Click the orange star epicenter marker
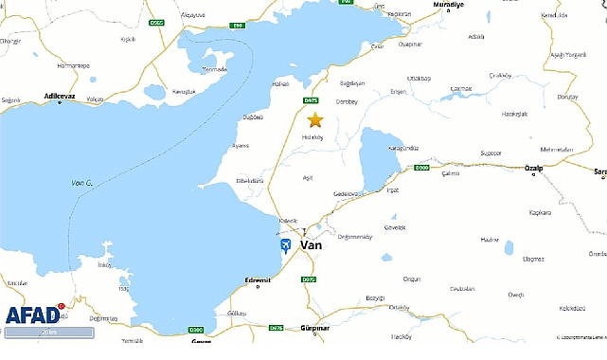click(x=314, y=119)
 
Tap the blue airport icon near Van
click(x=285, y=245)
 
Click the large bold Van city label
click(x=311, y=244)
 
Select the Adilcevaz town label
click(x=59, y=96)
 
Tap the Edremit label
click(x=258, y=279)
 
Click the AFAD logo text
click(x=32, y=315)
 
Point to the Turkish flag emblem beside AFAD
click(x=63, y=307)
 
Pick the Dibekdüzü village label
click(x=250, y=179)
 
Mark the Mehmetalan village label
click(x=557, y=149)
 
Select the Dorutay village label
click(x=567, y=97)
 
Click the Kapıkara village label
click(x=540, y=213)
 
